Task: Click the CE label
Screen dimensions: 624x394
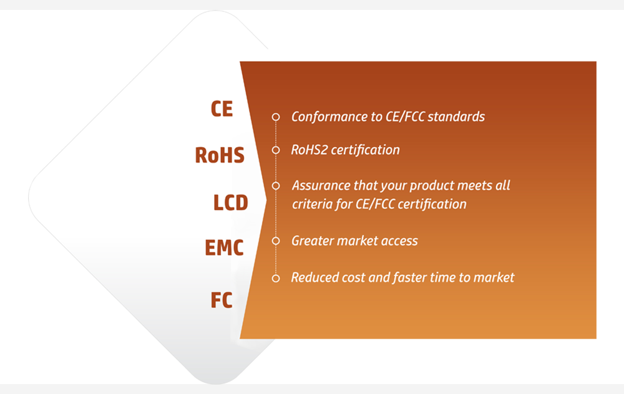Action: click(222, 109)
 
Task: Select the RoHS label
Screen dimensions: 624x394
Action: click(220, 155)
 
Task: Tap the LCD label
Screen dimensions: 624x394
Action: click(231, 203)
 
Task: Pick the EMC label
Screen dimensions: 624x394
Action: click(224, 247)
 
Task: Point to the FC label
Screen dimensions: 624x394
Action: click(222, 300)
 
